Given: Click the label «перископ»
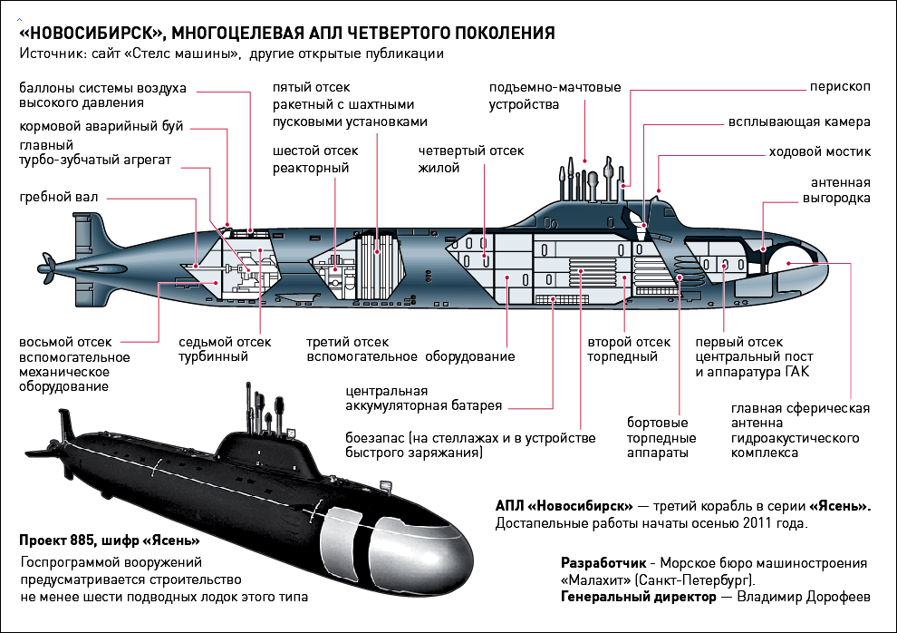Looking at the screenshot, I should click(x=840, y=87).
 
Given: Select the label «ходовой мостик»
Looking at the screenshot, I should click(x=819, y=151).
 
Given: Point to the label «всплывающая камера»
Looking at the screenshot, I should click(x=799, y=122).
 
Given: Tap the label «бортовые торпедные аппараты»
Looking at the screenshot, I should click(x=658, y=437).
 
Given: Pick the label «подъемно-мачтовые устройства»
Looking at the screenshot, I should click(x=555, y=95).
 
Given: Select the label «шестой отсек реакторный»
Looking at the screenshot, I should click(x=315, y=159).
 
